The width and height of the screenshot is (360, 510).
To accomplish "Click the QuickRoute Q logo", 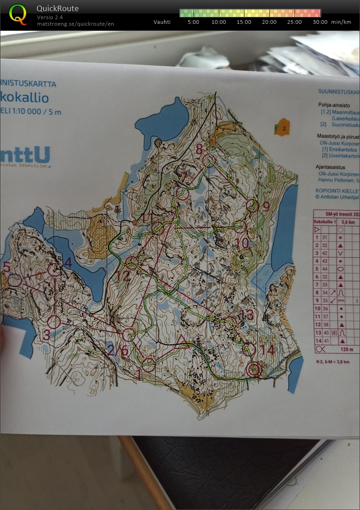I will pyautogui.click(x=18, y=14).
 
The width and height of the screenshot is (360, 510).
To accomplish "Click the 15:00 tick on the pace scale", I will pyautogui.click(x=244, y=22).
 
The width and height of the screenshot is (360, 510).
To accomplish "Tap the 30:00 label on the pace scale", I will pyautogui.click(x=320, y=22).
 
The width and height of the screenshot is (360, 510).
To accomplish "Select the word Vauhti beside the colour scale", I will pyautogui.click(x=162, y=22).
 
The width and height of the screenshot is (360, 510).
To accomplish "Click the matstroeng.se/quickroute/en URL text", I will pyautogui.click(x=75, y=24).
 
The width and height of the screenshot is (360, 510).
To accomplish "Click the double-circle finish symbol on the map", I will pyautogui.click(x=254, y=370).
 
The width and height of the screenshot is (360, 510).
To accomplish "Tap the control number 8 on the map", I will pyautogui.click(x=200, y=150).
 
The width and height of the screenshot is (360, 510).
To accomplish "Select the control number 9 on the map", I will pyautogui.click(x=266, y=206).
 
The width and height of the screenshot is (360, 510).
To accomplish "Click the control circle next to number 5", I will pyautogui.click(x=15, y=280).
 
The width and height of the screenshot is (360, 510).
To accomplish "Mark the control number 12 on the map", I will pyautogui.click(x=123, y=276).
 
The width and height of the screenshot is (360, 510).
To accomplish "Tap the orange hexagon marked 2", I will pyautogui.click(x=282, y=127).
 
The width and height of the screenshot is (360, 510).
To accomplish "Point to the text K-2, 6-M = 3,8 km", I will pyautogui.click(x=333, y=361).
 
